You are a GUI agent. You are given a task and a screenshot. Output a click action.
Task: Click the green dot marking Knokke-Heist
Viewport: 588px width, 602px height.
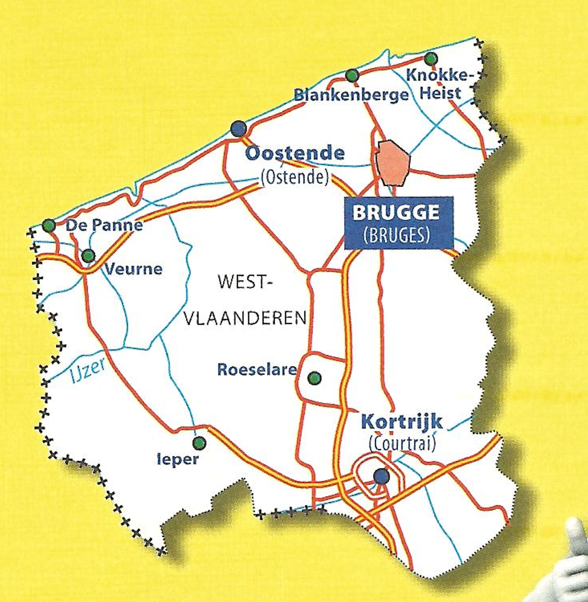click(x=431, y=58)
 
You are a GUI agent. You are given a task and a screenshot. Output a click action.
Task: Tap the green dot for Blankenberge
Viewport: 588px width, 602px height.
click(x=352, y=75)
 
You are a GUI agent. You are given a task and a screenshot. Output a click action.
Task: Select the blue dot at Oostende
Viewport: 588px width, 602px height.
click(x=238, y=128)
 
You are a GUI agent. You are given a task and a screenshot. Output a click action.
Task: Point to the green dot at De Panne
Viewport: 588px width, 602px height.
click(x=49, y=226)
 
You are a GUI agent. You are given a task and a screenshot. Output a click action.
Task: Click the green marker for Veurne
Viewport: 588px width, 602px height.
click(x=88, y=256)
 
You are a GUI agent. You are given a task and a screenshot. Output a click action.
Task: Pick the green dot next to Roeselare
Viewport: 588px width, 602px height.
click(x=315, y=378)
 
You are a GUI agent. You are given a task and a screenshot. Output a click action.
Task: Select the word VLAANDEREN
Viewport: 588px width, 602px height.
click(x=246, y=318)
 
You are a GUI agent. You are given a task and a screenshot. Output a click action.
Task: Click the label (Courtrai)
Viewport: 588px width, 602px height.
click(x=403, y=444)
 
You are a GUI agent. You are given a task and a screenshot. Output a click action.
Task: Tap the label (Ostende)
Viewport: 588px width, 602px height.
click(x=295, y=177)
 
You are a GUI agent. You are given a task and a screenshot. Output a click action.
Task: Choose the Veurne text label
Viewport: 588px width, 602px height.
click(x=134, y=269)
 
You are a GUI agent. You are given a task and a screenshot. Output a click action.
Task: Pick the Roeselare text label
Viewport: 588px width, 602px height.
click(x=257, y=369)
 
